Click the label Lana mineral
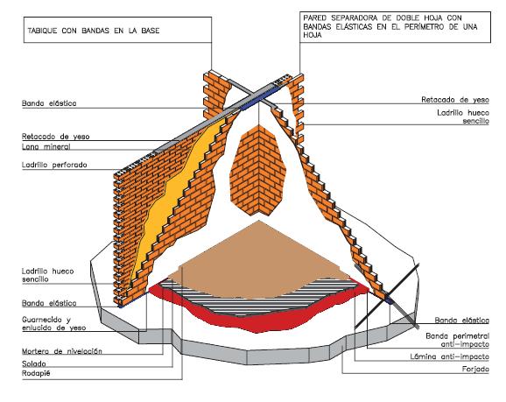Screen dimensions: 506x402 pyautogui.click(x=46, y=146)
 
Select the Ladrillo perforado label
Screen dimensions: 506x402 pyautogui.click(x=54, y=165)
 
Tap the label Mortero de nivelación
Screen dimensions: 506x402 pyautogui.click(x=62, y=351)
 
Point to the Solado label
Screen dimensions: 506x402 pyautogui.click(x=34, y=363)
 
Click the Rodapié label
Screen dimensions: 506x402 pyautogui.click(x=36, y=374)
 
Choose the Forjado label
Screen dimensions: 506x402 pyautogui.click(x=475, y=369)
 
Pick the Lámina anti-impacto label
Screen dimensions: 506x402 pyautogui.click(x=449, y=356)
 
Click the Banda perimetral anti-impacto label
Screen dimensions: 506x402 pyautogui.click(x=457, y=340)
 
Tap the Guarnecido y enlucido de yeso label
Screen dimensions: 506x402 pyautogui.click(x=54, y=323)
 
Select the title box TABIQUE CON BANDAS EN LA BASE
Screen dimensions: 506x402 pyautogui.click(x=118, y=30)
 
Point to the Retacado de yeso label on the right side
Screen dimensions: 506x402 pyautogui.click(x=455, y=100)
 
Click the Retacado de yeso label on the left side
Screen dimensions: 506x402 pyautogui.click(x=55, y=137)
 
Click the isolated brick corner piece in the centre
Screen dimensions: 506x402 pyautogui.click(x=257, y=170)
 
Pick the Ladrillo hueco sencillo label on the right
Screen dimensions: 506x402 pyautogui.click(x=463, y=116)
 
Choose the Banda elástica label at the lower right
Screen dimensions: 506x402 pyautogui.click(x=461, y=321)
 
